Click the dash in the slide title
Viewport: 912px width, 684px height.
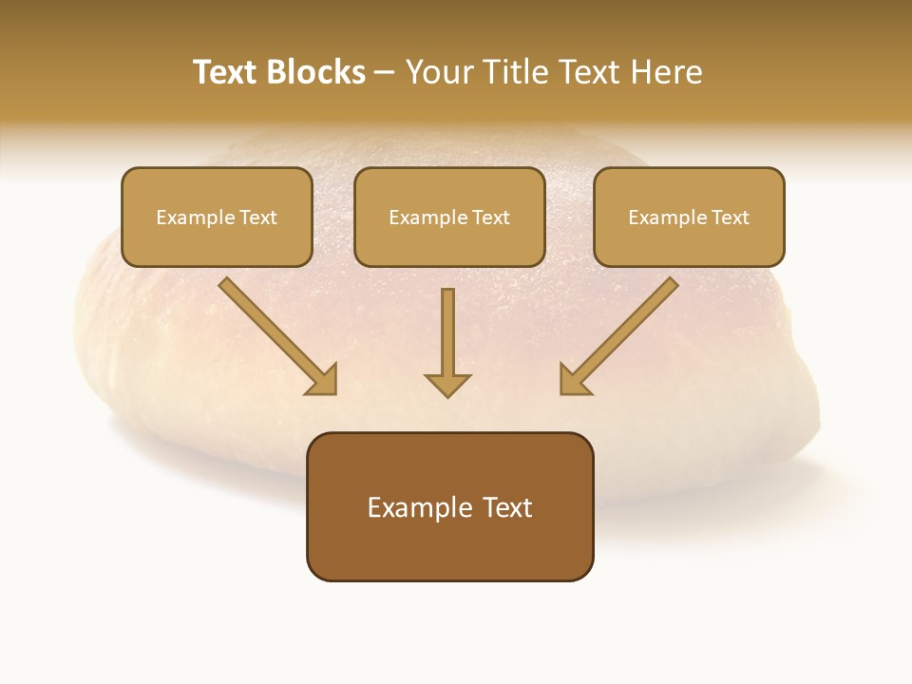click(385, 73)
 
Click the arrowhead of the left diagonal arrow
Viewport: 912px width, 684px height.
click(324, 381)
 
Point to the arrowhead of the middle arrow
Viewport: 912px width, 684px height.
click(447, 384)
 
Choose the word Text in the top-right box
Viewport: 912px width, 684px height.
click(730, 218)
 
